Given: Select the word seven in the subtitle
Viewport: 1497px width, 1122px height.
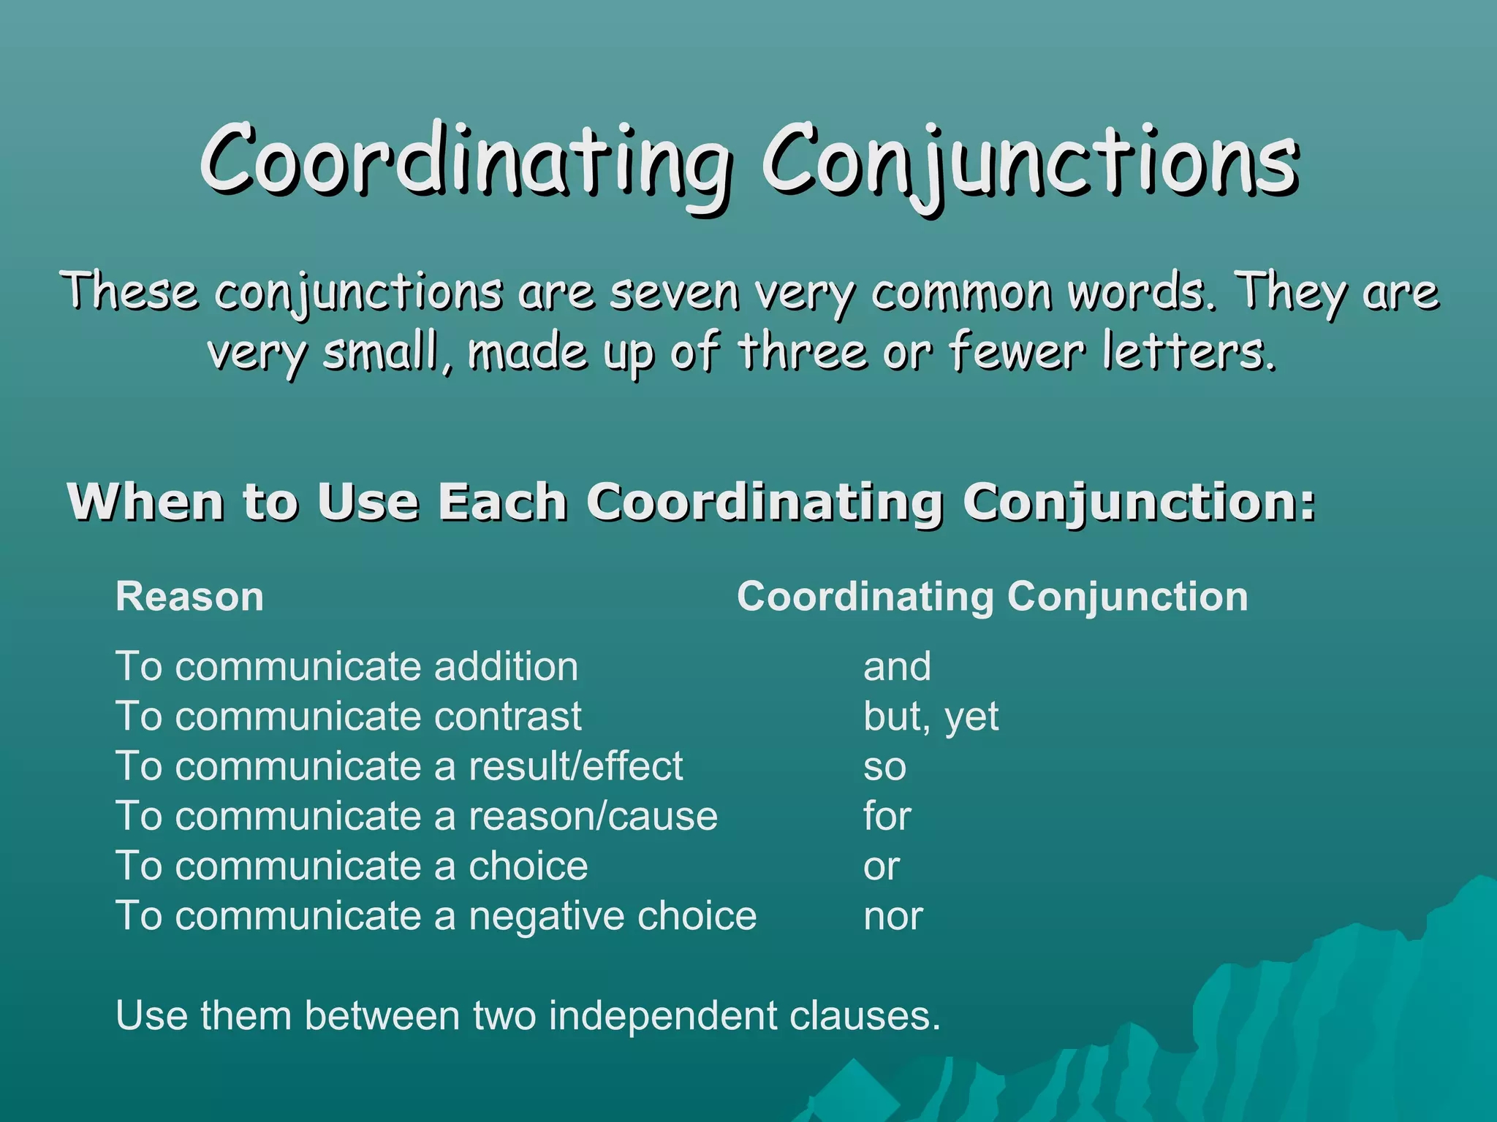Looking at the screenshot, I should point(674,291).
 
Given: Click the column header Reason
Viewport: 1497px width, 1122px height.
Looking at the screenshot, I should point(189,597).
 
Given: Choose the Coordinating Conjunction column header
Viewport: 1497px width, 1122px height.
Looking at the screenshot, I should point(992,597).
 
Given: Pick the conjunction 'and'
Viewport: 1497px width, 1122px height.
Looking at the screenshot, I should point(897,667).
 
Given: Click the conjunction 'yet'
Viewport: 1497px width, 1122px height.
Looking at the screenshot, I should point(971,717).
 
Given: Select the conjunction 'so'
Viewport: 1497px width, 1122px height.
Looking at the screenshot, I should point(884,767).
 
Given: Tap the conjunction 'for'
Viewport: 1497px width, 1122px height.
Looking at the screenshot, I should point(887,816).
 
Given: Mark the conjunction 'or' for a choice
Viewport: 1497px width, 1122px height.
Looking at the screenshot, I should point(881,866).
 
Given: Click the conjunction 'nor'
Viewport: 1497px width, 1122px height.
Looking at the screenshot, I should point(893,916).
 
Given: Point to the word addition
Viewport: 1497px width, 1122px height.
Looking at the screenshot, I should point(506,667).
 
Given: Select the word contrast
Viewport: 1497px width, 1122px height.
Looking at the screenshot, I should point(508,717).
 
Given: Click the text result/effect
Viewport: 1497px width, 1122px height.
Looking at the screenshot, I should point(575,766).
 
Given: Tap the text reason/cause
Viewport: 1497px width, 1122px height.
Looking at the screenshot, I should point(593,816).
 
